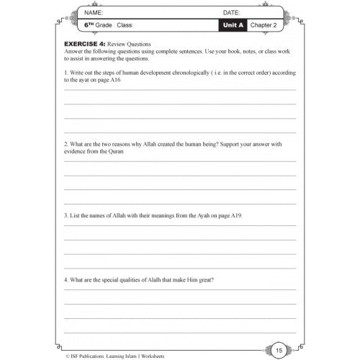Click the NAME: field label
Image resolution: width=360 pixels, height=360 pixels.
pyautogui.click(x=95, y=13)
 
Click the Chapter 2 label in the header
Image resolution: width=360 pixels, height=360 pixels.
pyautogui.click(x=273, y=27)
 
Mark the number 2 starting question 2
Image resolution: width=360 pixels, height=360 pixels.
pyautogui.click(x=66, y=143)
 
